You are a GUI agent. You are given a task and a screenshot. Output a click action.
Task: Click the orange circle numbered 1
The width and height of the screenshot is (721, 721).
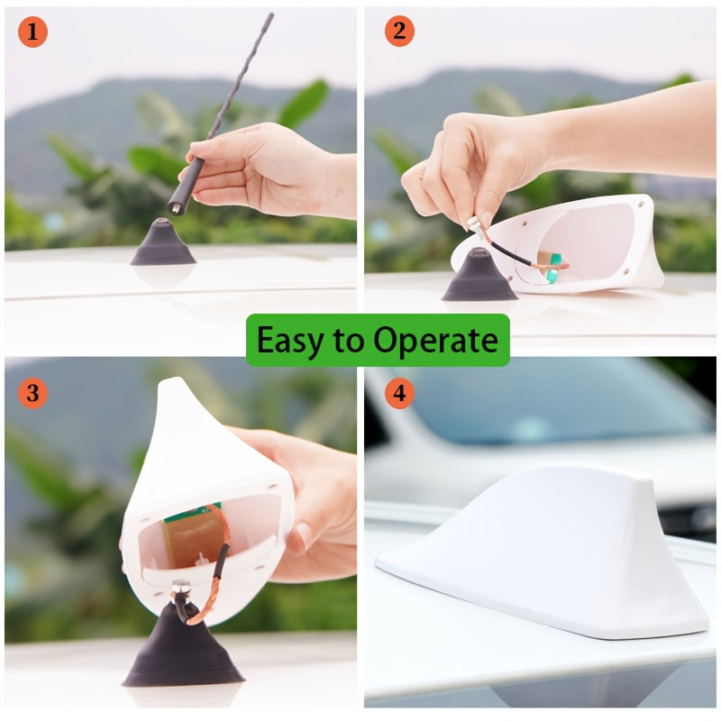32,32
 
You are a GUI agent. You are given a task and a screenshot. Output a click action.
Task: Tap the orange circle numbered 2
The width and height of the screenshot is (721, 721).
399,31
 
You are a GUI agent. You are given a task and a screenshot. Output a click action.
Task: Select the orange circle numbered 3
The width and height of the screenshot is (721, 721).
32,393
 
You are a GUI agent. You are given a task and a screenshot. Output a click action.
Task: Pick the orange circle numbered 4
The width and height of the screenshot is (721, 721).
399,393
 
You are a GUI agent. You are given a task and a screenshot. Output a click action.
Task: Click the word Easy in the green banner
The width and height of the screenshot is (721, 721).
289,341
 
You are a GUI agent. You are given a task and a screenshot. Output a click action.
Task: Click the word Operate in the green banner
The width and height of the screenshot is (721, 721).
435,341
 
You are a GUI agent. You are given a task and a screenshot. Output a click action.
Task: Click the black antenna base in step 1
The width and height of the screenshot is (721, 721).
163,242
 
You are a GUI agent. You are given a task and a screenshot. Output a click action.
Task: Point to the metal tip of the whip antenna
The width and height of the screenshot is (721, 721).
175,208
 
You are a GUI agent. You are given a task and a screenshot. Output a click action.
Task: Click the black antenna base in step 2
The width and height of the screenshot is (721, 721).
479,276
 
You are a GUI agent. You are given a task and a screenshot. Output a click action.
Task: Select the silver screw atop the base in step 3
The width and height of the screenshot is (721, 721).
181,587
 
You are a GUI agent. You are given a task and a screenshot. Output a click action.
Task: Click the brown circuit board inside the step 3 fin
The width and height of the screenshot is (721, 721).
193,535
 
